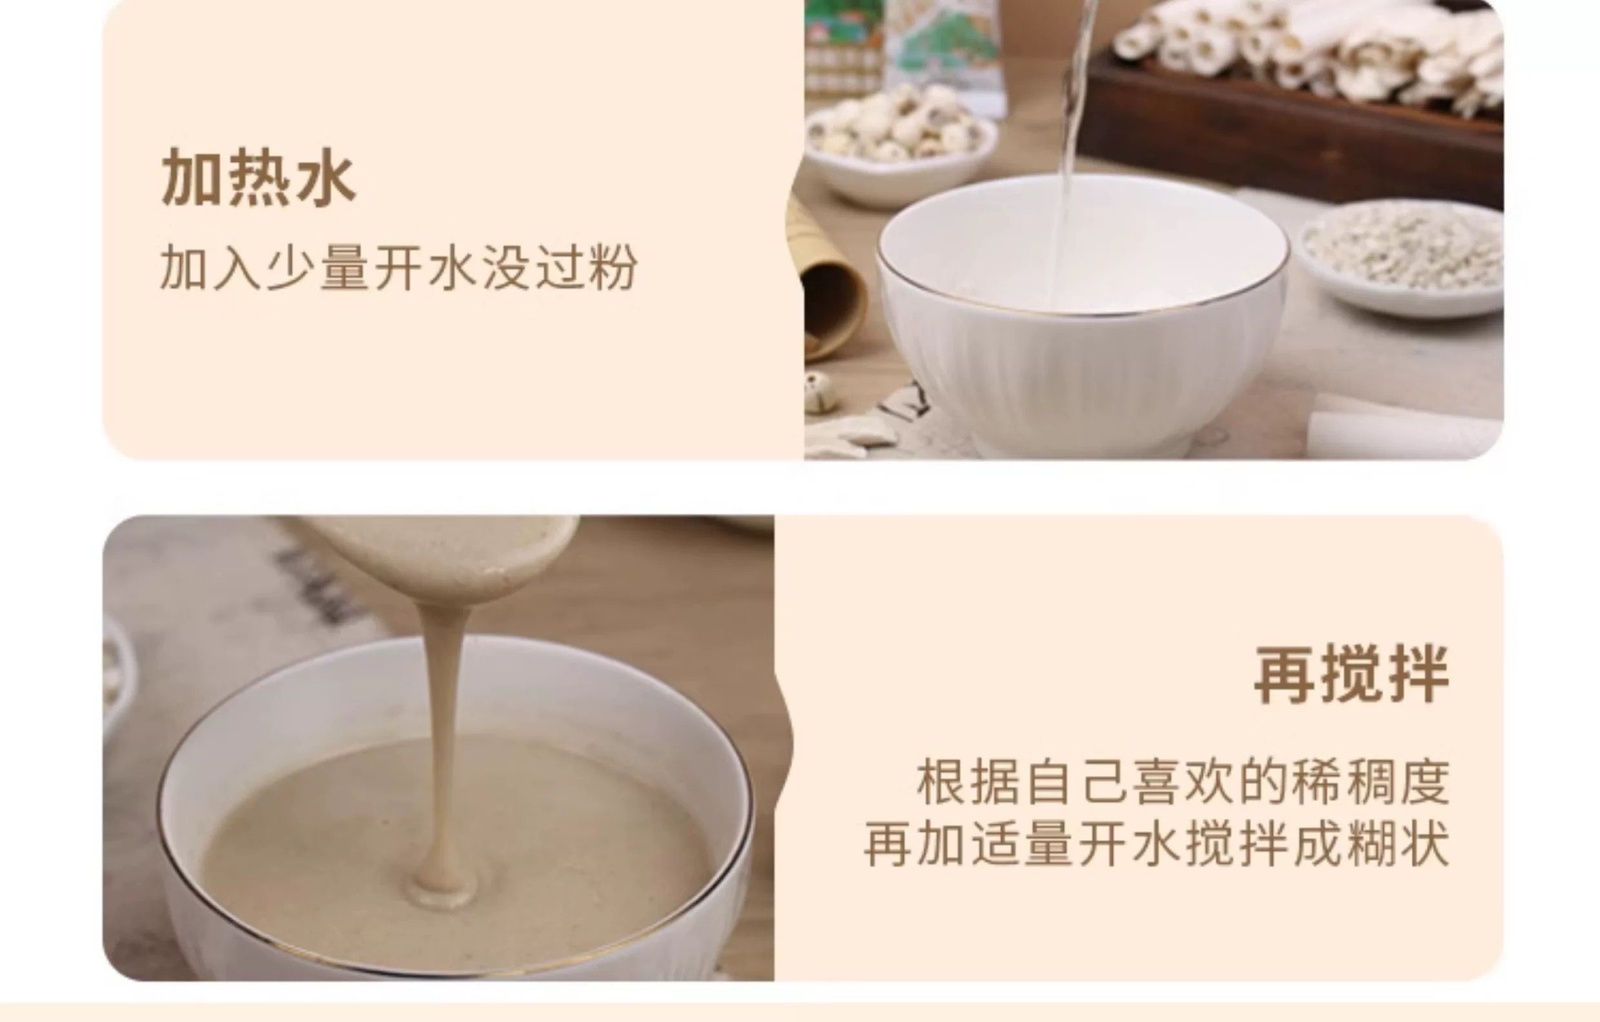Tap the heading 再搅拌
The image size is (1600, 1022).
(1352, 674)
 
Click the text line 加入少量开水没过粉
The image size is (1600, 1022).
(399, 268)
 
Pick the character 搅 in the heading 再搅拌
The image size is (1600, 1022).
(1352, 674)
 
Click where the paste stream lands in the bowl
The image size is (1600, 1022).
(444, 888)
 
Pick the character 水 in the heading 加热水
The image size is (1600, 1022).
(326, 177)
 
